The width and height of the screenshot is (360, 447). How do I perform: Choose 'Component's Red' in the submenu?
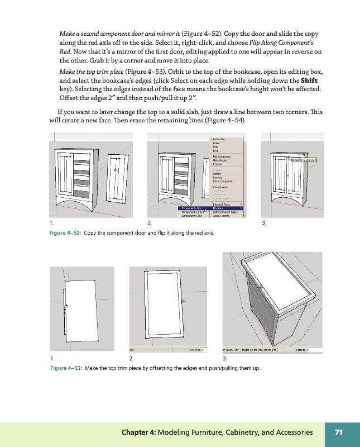pos(191,208)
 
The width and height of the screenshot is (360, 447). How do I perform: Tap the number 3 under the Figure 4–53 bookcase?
pos(224,358)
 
